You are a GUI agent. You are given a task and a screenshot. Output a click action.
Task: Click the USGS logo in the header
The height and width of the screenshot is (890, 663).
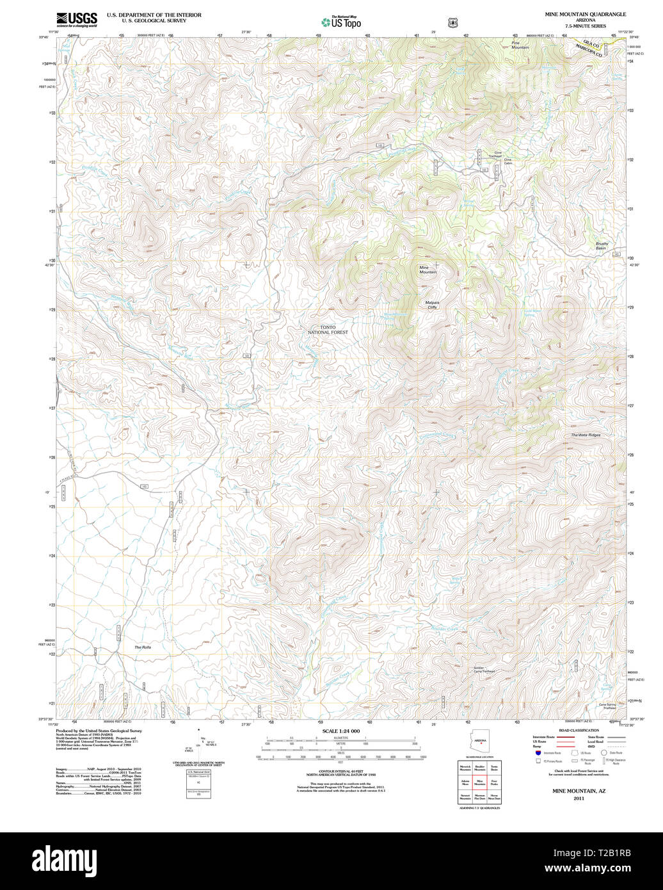[x=76, y=19]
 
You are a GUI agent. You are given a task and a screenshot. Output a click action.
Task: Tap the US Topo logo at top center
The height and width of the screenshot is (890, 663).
[x=341, y=22]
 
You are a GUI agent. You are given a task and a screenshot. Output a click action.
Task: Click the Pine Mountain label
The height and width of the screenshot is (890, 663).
[x=520, y=45]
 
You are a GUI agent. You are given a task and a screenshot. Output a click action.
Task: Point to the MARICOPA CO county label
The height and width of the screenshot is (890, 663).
[x=589, y=51]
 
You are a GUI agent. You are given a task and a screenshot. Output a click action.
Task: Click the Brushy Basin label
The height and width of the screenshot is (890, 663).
[x=602, y=245]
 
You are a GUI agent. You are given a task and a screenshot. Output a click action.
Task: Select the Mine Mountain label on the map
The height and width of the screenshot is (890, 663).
[x=427, y=270]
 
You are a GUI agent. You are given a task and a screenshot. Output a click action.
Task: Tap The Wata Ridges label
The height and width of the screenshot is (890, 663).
[x=586, y=435]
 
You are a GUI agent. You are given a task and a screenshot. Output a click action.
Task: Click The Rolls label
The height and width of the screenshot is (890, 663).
[x=143, y=648]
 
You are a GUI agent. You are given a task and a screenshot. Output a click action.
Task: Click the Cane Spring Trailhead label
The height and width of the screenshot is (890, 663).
[x=607, y=706]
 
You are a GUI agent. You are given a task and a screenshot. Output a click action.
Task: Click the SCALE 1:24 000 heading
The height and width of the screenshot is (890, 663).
[x=341, y=731]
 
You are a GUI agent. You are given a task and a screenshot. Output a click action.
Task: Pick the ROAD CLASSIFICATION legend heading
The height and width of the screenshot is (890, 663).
[x=578, y=731]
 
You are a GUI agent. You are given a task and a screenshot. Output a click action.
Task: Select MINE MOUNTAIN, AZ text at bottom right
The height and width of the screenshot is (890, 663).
[x=579, y=791]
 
